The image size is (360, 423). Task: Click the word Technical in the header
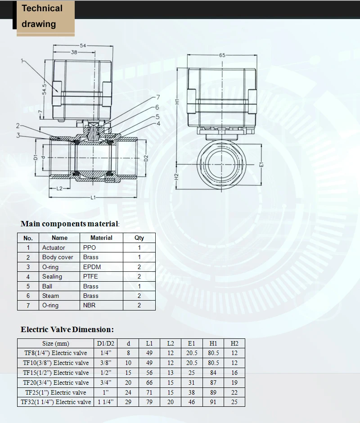coord(42,8)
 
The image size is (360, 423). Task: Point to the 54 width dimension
coord(83,46)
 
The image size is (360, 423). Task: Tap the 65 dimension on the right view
coord(222,55)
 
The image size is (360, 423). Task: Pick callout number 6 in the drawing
coord(157,107)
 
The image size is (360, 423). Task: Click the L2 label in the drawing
coord(59,189)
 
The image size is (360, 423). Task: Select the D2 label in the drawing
coord(146,158)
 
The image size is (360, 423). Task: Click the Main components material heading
coord(70,224)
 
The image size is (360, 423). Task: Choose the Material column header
coord(101,238)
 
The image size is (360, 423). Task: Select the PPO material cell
coord(90,247)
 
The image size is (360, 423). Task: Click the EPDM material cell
coord(92,267)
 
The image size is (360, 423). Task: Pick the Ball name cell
coord(47,286)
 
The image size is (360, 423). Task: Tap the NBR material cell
coord(90,305)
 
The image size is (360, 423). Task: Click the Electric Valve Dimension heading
coord(67,329)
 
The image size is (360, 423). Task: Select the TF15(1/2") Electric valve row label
coord(56,373)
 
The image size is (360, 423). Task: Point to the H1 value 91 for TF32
coord(213,402)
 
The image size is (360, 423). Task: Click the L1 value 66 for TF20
coord(149,382)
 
